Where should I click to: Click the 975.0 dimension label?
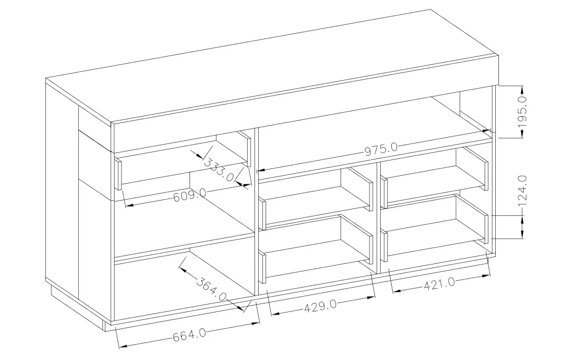click(381, 149)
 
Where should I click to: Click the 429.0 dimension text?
click(320, 307)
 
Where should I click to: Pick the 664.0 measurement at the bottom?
click(189, 335)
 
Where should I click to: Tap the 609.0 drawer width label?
click(190, 196)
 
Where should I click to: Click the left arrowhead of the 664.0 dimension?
click(123, 346)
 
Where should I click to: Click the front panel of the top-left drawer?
click(118, 174)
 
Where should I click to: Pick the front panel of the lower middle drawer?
click(262, 268)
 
